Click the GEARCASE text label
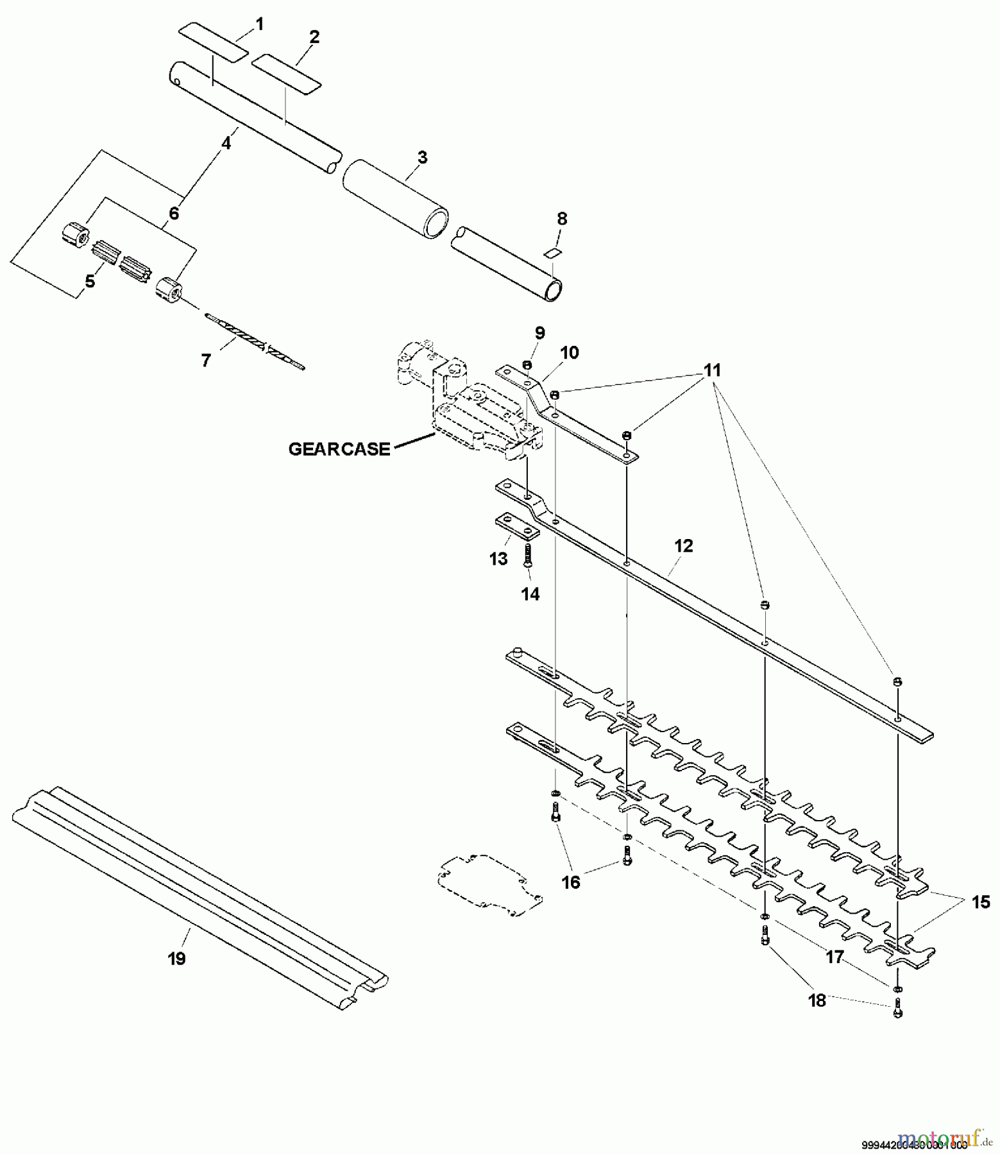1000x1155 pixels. (x=339, y=449)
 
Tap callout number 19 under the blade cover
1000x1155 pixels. (x=176, y=959)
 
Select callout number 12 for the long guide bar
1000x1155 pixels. (x=684, y=546)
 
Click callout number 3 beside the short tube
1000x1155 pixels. (x=422, y=157)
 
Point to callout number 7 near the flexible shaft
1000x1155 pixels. (x=205, y=361)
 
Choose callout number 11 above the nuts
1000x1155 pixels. (x=712, y=370)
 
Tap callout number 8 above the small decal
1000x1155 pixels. (x=562, y=219)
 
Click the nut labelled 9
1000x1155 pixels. (x=526, y=365)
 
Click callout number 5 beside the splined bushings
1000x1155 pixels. (x=90, y=281)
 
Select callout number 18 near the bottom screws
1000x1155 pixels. (x=817, y=1000)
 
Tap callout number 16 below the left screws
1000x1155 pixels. (x=570, y=882)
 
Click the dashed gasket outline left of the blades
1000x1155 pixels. (x=489, y=883)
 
